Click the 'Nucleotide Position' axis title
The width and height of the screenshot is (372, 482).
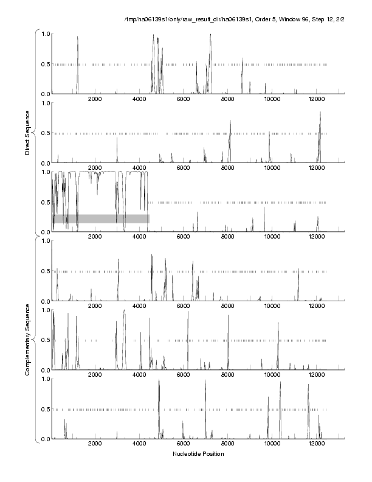(x=198, y=454)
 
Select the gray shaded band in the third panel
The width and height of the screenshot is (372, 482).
(x=101, y=218)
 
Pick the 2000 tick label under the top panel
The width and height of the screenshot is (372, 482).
(x=95, y=99)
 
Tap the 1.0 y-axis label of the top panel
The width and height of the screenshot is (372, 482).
(x=44, y=33)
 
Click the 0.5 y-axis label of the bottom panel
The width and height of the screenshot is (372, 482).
(x=44, y=409)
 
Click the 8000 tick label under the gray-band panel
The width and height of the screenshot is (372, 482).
(x=227, y=237)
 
